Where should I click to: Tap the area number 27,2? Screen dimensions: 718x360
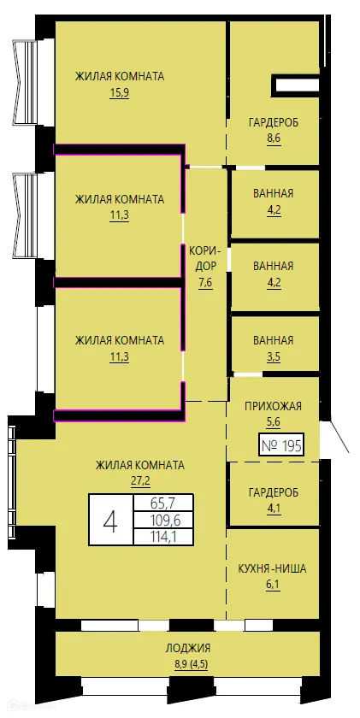click(x=139, y=480)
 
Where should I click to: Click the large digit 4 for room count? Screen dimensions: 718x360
click(x=110, y=521)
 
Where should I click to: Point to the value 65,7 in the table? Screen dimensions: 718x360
click(x=163, y=504)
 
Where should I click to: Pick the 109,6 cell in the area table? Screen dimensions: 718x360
click(x=163, y=521)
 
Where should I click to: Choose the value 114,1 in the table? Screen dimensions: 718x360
click(x=163, y=537)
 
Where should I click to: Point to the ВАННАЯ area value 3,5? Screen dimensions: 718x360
click(x=273, y=356)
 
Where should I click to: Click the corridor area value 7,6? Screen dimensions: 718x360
click(x=205, y=283)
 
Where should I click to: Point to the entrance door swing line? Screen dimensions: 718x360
click(x=339, y=438)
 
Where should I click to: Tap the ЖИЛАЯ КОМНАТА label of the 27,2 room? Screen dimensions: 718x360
click(x=139, y=465)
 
